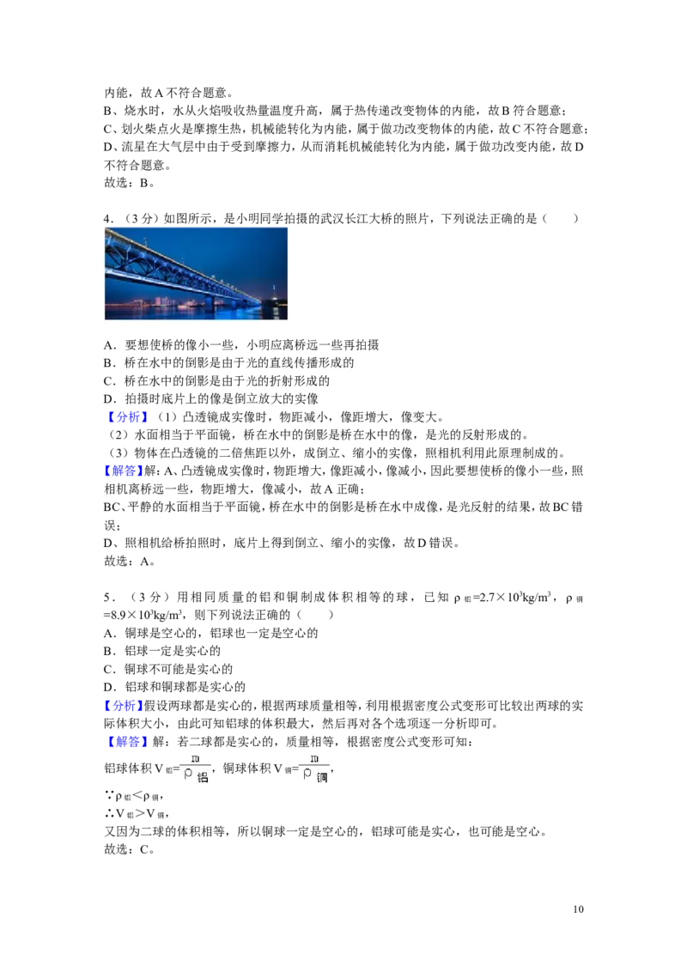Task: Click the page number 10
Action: coord(578,909)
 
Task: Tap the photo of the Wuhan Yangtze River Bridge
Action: coord(196,273)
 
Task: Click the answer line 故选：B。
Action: coord(129,183)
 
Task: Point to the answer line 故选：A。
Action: coord(129,562)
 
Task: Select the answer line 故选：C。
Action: coord(129,849)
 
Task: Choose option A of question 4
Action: coord(241,344)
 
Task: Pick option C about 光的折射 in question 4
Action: coord(216,380)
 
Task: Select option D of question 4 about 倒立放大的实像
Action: coord(210,398)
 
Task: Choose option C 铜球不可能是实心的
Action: coord(168,669)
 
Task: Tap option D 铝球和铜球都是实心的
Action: coord(175,687)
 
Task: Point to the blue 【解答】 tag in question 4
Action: coord(124,471)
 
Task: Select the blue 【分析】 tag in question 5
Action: coord(124,706)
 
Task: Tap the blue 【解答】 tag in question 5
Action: coord(126,741)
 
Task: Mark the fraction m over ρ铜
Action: coord(315,768)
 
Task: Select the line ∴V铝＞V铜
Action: coord(136,814)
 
